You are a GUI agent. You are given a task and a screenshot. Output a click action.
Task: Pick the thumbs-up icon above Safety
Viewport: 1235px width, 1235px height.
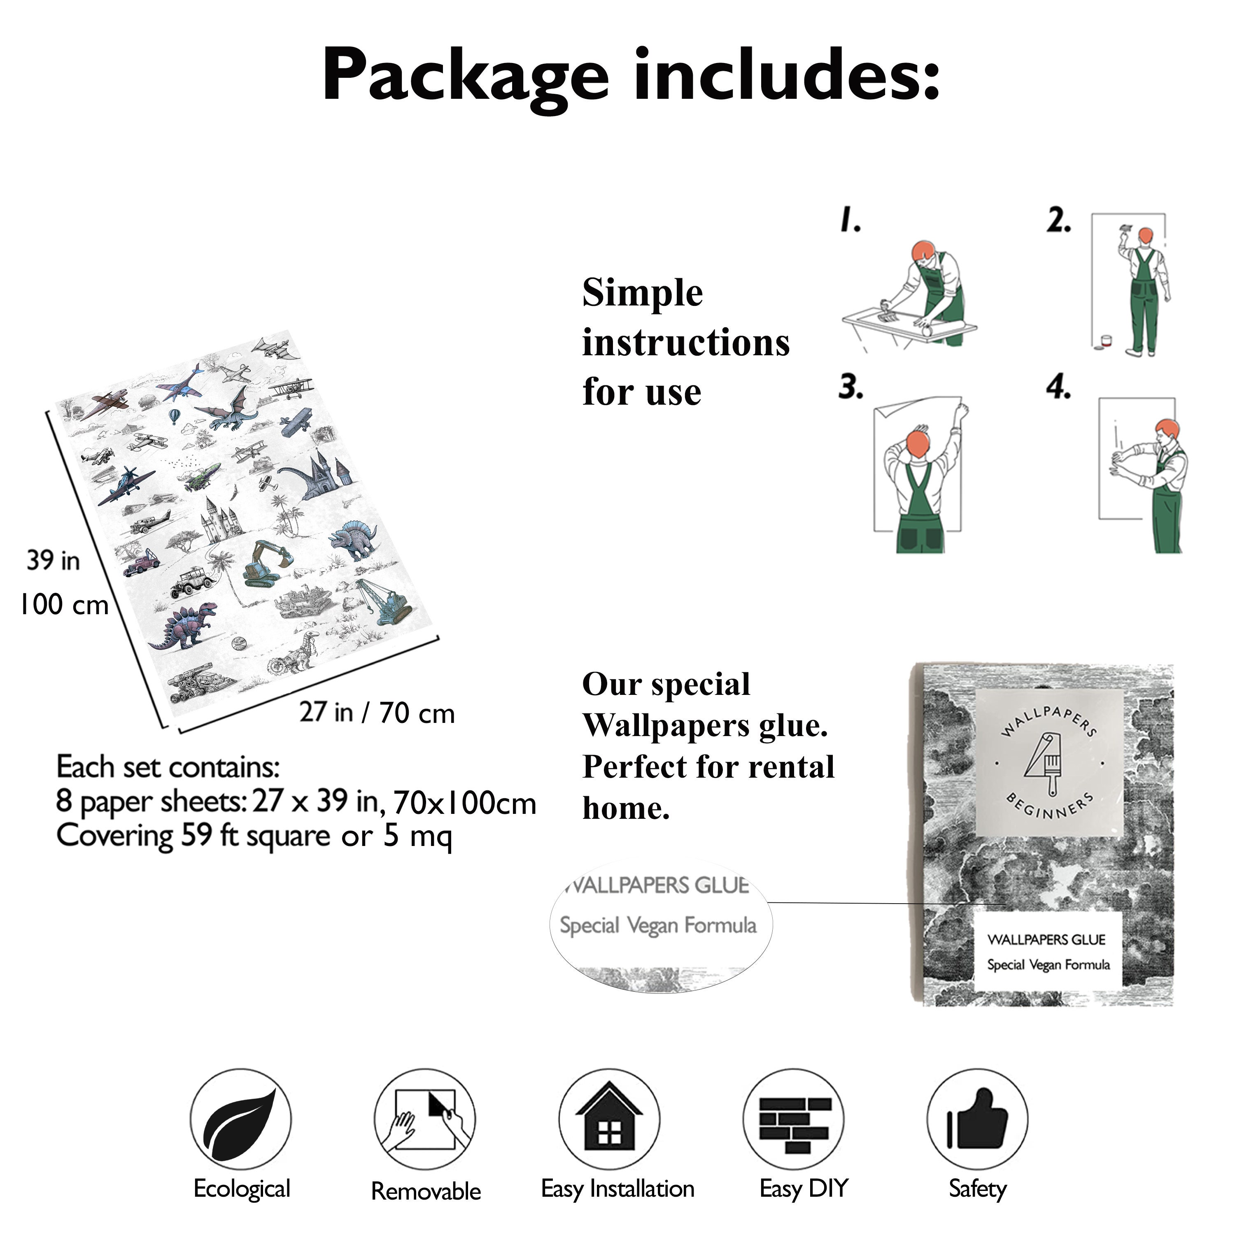click(x=977, y=1118)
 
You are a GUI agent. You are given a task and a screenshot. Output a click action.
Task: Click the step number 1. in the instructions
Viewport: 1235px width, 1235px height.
click(x=850, y=219)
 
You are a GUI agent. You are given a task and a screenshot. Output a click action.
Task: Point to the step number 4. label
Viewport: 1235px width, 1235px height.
click(x=1058, y=387)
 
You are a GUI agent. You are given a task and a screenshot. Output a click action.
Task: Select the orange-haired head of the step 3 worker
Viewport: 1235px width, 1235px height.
click(x=918, y=443)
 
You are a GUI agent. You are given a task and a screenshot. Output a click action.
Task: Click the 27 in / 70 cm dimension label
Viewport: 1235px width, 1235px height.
click(x=377, y=713)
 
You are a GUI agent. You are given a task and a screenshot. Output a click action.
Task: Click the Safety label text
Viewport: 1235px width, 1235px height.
click(x=977, y=1189)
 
